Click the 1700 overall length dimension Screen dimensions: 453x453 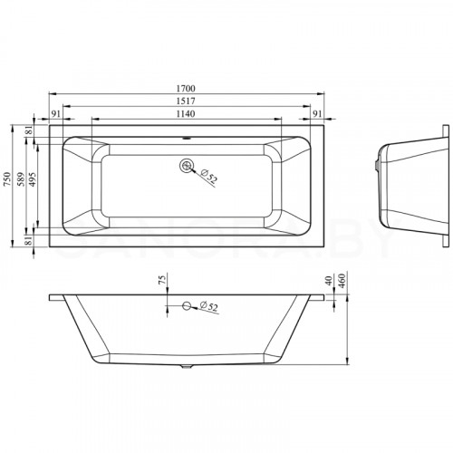(x=186, y=89)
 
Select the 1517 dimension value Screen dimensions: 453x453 (x=186, y=101)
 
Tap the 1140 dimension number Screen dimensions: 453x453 (x=186, y=114)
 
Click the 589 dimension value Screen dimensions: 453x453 (x=21, y=178)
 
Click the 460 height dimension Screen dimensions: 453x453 (x=342, y=281)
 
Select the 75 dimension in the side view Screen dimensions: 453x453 (x=162, y=278)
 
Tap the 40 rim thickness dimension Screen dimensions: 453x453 (x=329, y=281)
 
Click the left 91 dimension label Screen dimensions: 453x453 (x=56, y=114)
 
